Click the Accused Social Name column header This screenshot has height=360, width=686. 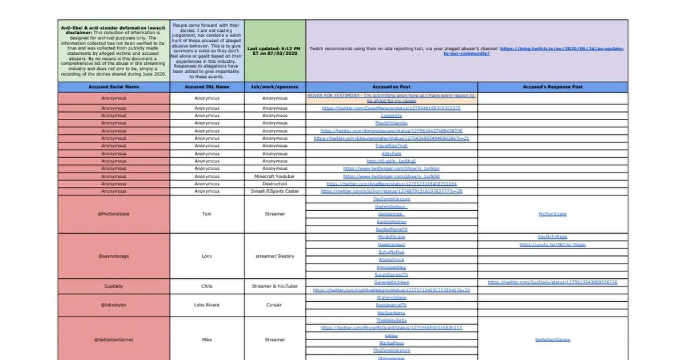point(114,87)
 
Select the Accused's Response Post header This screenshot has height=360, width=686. point(552,87)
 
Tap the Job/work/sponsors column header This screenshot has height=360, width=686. point(275,87)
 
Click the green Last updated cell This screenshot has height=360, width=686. point(275,51)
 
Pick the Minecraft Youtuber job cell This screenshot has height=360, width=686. point(275,177)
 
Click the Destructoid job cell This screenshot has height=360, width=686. point(275,184)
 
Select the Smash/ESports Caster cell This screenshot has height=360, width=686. point(275,191)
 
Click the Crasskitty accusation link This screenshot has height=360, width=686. point(391,115)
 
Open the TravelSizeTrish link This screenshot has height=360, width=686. point(391,146)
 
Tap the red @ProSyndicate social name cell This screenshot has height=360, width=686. point(114,214)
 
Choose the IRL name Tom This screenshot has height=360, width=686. point(207,214)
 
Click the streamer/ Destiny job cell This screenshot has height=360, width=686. point(275,256)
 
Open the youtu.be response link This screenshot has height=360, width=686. point(552,245)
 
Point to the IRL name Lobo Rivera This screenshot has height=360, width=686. point(207,305)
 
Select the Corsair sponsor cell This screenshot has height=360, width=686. point(275,305)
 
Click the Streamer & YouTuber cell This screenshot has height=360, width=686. point(275,286)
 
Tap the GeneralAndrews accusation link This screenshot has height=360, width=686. point(391,282)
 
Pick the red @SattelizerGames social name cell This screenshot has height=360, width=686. point(114,339)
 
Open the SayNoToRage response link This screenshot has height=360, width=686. point(552,237)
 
